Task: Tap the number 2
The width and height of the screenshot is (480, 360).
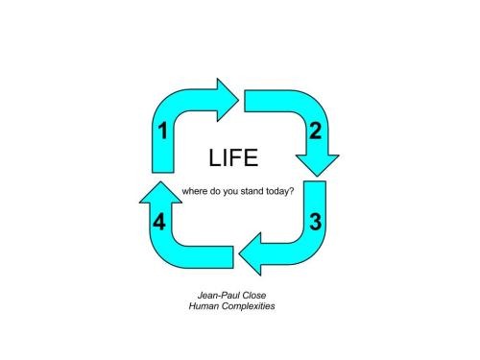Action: coord(314,132)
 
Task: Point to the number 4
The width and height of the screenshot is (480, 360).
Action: coord(160,223)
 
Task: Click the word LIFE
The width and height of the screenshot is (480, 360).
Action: coord(233,158)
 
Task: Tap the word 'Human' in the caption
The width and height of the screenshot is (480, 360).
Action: coord(205,306)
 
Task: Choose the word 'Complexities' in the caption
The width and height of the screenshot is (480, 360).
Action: coord(252,306)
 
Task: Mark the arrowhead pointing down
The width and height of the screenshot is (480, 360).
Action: coord(318,161)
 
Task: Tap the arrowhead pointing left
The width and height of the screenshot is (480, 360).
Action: coord(252,256)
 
